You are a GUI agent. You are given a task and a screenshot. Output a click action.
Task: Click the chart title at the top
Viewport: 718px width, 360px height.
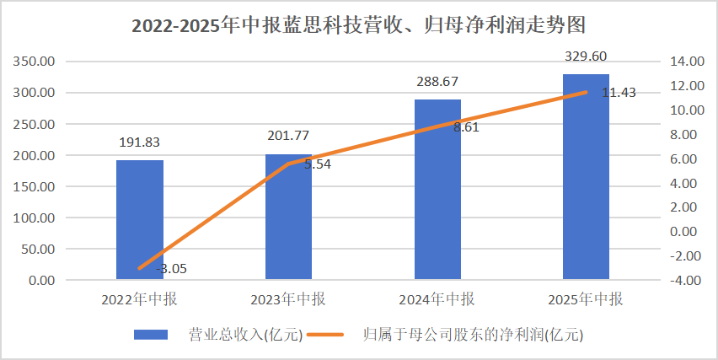click(x=358, y=25)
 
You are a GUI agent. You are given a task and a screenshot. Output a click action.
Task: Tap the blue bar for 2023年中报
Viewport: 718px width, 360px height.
click(x=288, y=217)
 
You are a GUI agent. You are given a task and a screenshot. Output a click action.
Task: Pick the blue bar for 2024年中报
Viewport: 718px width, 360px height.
click(x=437, y=190)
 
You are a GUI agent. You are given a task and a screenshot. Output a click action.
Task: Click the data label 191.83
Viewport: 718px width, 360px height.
click(x=140, y=142)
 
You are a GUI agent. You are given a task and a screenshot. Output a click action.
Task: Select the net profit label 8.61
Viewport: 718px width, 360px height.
click(x=466, y=127)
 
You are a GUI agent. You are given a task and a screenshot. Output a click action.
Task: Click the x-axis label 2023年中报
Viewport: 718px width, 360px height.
click(x=288, y=299)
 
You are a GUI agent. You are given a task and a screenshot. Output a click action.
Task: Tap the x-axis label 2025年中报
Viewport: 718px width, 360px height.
click(x=586, y=299)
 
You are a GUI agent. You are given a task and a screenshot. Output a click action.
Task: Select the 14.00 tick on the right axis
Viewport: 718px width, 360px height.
click(x=685, y=62)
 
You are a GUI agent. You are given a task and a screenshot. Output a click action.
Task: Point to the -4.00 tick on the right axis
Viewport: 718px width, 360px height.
click(x=683, y=280)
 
